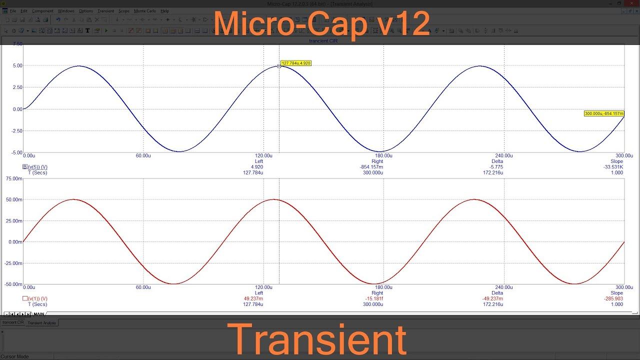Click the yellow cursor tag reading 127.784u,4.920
click(296, 63)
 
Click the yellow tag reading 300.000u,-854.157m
click(604, 113)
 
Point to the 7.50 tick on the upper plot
click(17, 44)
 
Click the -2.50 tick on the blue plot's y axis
click(16, 131)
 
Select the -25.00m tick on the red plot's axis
click(14, 263)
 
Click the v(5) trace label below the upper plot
click(37, 167)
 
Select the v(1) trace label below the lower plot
click(37, 298)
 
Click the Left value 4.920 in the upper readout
click(257, 167)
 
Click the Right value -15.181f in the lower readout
click(373, 298)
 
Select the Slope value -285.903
click(614, 298)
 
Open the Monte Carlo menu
click(144, 11)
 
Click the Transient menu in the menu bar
click(106, 11)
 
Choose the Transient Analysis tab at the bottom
click(42, 323)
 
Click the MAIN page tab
click(39, 314)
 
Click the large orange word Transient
click(316, 339)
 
